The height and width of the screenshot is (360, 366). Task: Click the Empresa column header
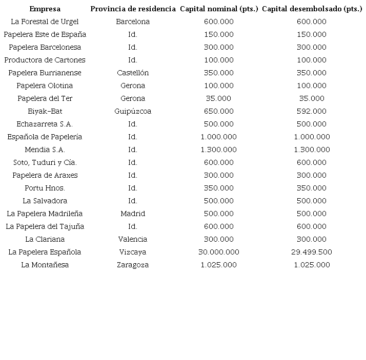(45, 9)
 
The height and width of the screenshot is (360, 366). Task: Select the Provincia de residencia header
(133, 9)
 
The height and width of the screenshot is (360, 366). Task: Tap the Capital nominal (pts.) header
(219, 9)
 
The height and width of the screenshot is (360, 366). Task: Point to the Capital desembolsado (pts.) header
(312, 9)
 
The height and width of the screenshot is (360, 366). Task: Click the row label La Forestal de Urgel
(45, 22)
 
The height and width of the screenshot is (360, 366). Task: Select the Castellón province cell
(133, 73)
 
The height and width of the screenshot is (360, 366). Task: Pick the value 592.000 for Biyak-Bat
(312, 111)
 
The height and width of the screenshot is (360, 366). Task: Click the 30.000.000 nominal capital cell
(219, 252)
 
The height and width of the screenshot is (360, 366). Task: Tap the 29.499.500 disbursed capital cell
(312, 252)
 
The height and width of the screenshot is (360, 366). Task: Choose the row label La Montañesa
(45, 265)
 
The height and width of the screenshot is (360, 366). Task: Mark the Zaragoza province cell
(133, 265)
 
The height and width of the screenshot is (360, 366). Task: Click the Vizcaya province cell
(133, 252)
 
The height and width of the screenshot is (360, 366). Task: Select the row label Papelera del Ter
(45, 98)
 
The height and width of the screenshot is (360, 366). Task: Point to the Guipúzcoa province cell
(133, 111)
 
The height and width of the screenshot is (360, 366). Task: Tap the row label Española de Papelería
(45, 137)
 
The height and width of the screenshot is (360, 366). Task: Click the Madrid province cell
(133, 214)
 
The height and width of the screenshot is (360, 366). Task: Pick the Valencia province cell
(133, 239)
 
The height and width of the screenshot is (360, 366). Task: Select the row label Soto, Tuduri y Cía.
(45, 162)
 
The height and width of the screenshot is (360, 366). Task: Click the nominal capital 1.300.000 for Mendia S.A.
(219, 150)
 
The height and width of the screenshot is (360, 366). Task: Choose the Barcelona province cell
(133, 22)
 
